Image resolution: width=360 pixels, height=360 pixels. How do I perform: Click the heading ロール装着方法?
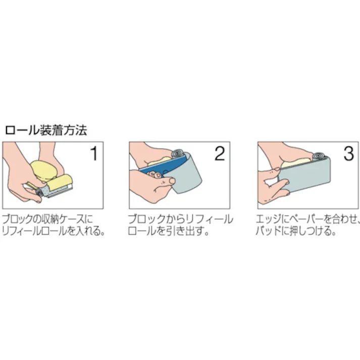pos(46,130)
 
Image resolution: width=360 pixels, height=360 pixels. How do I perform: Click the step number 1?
pos(93,153)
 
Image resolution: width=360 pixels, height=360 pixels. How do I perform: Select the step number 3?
pos(348,153)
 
